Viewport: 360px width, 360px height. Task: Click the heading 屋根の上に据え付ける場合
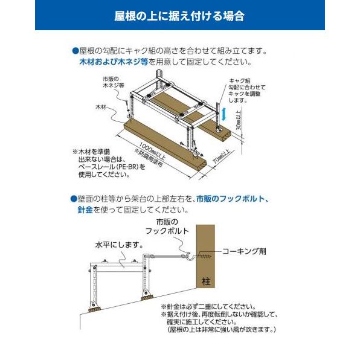pyautogui.click(x=179, y=16)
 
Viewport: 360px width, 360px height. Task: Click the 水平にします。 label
pyautogui.click(x=118, y=246)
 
